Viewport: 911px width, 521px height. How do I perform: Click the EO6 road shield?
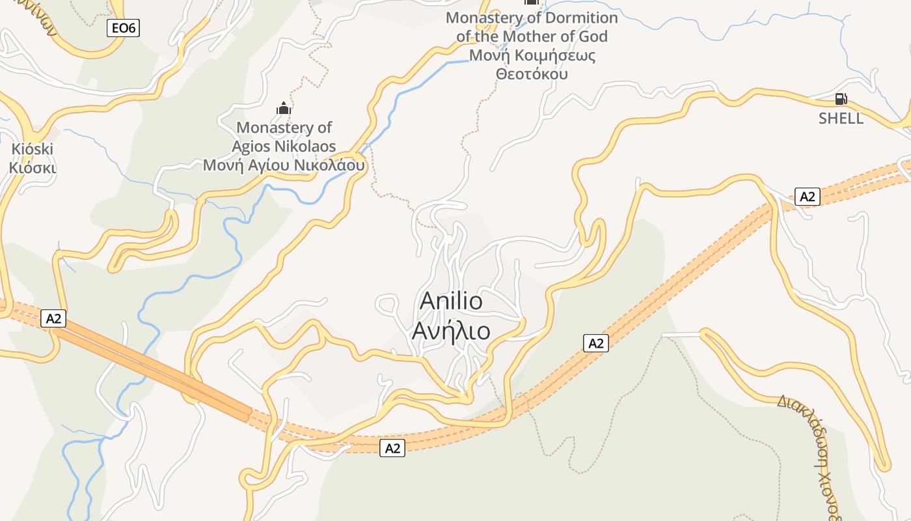point(123,27)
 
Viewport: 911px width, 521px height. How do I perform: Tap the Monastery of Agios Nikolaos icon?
point(284,108)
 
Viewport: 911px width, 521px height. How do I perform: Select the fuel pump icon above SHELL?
point(841,99)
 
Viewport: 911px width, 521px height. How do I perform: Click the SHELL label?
point(841,119)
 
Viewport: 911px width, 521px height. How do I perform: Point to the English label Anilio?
point(451,301)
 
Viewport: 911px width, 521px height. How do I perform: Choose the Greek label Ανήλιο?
point(451,331)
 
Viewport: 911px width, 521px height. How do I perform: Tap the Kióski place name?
point(33,149)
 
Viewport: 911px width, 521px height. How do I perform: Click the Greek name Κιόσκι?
point(33,167)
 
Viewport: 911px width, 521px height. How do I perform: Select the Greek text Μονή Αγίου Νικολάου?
point(284,165)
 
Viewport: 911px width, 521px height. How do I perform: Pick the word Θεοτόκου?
point(532,74)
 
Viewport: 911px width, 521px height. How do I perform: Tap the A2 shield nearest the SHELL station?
point(807,196)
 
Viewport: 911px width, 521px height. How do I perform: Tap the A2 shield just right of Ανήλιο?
point(595,343)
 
